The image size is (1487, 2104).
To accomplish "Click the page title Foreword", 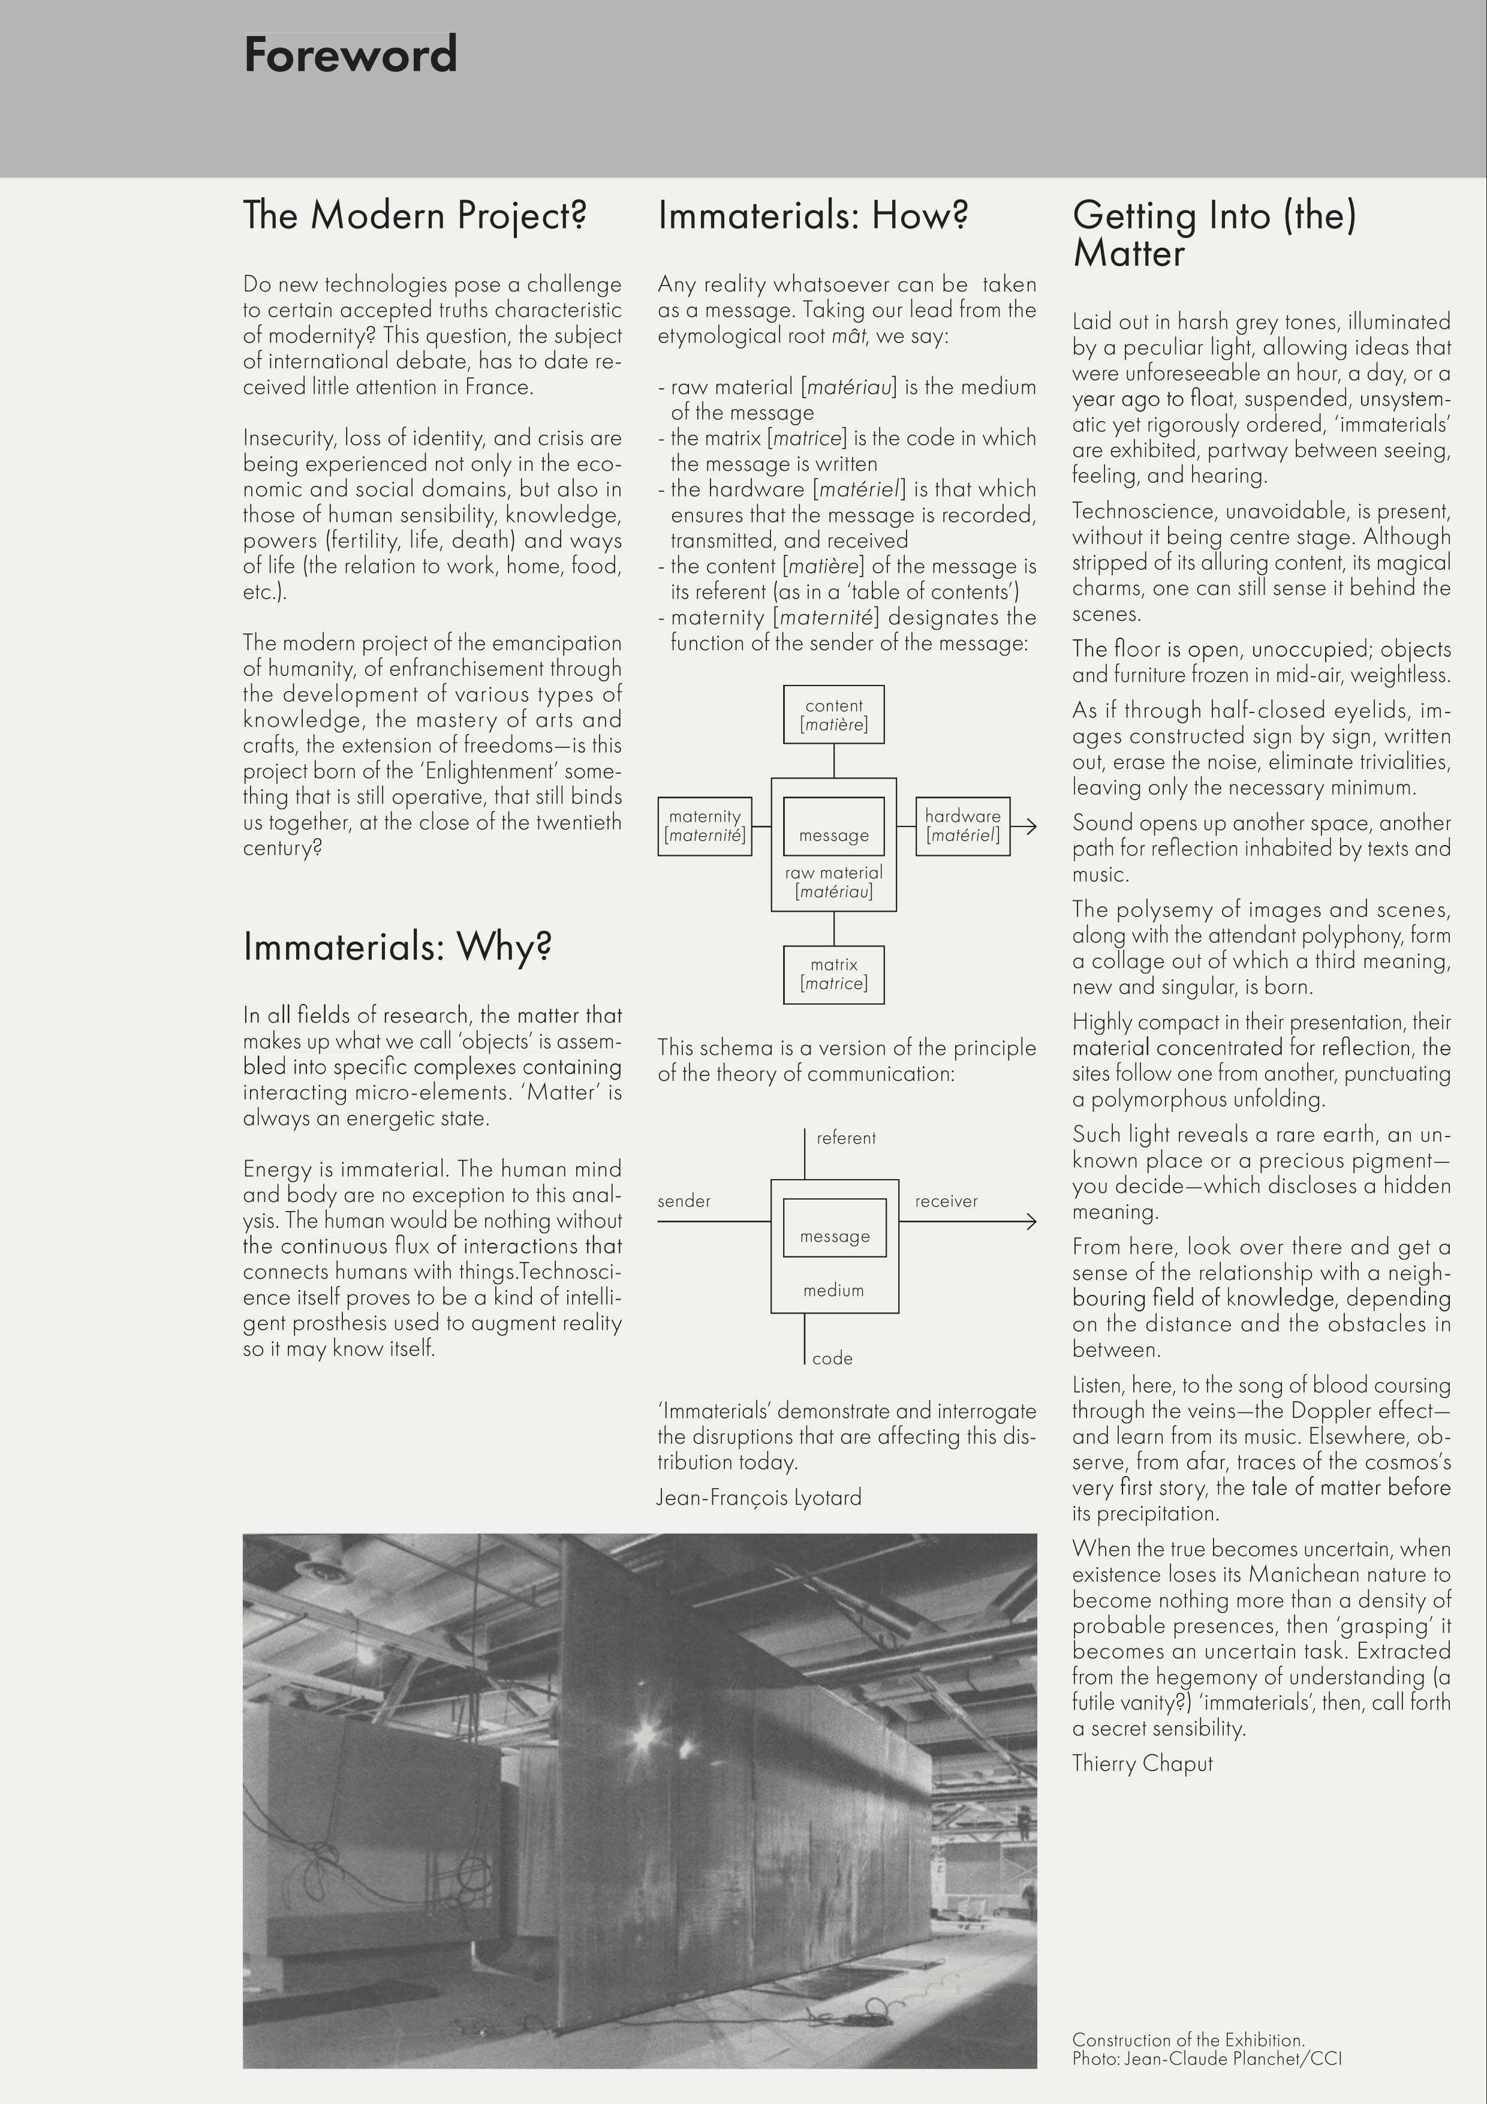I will (350, 55).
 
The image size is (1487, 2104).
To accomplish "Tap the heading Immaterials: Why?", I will (397, 946).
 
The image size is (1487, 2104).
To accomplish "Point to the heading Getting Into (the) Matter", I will (1214, 235).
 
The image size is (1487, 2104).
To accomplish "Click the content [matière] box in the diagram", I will (834, 715).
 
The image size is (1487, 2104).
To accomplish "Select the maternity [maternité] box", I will (705, 826).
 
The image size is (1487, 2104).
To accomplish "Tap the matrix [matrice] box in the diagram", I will (834, 974).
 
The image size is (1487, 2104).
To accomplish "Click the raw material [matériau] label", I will (834, 882).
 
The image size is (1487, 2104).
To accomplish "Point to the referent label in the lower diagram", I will (845, 1138).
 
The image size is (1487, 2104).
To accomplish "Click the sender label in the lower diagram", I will (684, 1201).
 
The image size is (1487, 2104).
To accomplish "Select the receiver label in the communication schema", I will (946, 1201).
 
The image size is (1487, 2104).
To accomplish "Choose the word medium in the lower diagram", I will (834, 1290).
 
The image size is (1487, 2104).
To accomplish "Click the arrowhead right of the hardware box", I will (1030, 826).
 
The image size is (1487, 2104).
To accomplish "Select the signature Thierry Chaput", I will (1142, 1763).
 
